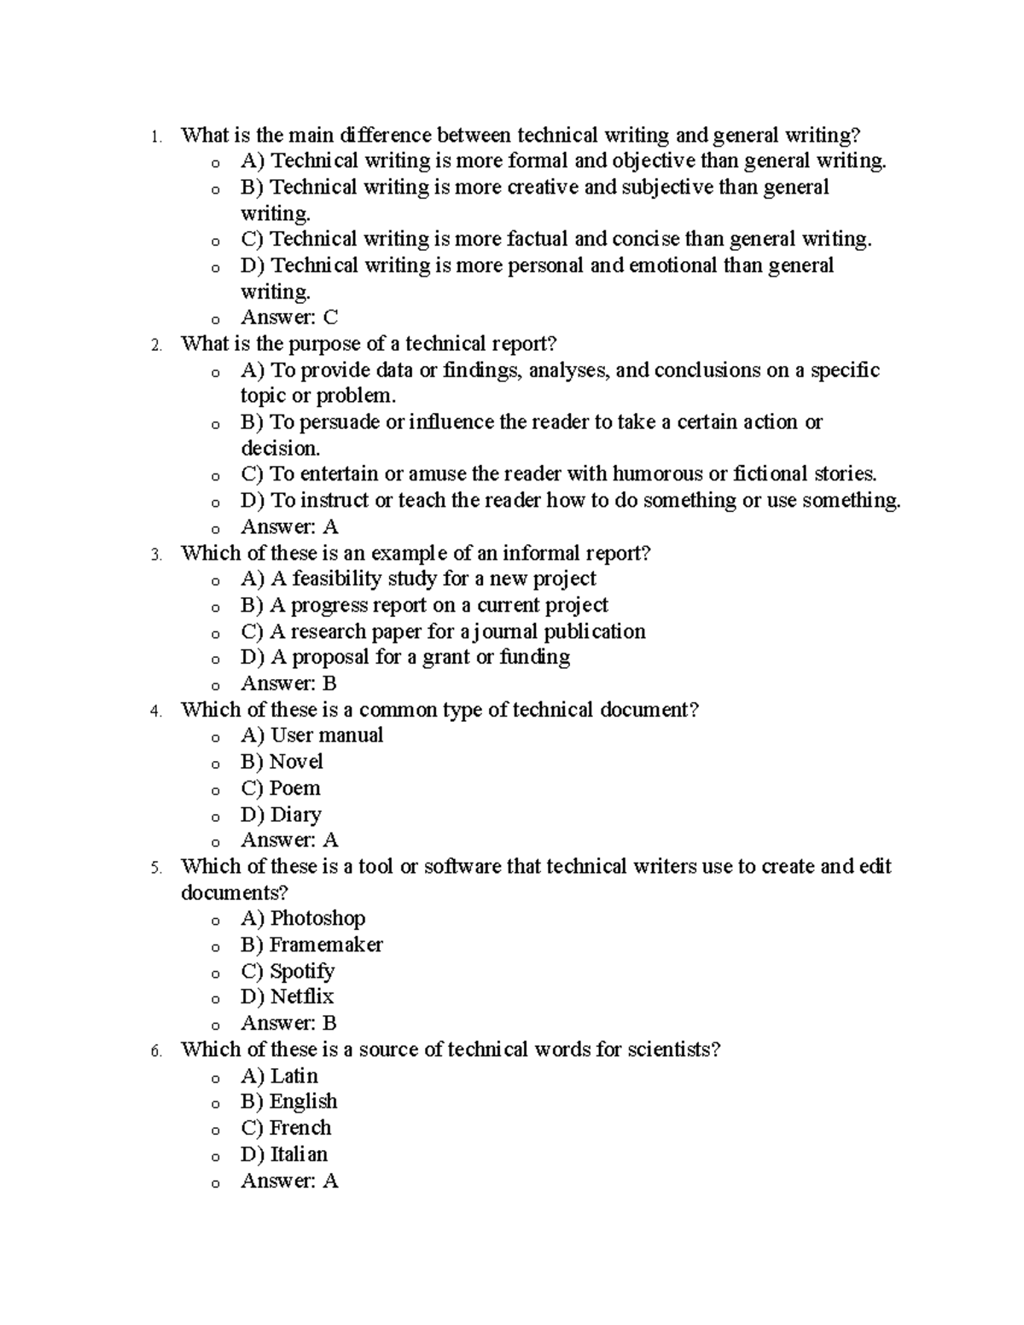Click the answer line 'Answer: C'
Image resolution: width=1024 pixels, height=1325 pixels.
pos(289,317)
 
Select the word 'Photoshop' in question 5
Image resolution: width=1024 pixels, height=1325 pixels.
pos(317,918)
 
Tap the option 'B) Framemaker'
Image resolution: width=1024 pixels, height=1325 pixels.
pos(311,944)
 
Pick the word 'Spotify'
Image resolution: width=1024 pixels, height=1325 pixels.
pos(302,971)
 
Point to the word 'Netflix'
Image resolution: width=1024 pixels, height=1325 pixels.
pos(302,997)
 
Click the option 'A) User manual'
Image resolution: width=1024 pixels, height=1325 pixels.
pos(311,735)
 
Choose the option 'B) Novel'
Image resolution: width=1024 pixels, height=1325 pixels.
pos(282,761)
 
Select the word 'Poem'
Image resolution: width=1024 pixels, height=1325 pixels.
pos(295,787)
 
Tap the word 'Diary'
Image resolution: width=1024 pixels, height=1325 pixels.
pos(296,814)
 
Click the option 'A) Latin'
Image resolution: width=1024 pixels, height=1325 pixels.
pos(279,1076)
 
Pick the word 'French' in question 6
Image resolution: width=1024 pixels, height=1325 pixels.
pos(300,1128)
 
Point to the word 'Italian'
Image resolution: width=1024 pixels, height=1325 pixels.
pos(299,1154)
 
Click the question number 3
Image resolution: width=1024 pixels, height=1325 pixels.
pos(155,555)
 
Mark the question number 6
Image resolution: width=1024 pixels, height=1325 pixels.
pos(155,1051)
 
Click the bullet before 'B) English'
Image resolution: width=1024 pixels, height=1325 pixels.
pos(216,1104)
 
